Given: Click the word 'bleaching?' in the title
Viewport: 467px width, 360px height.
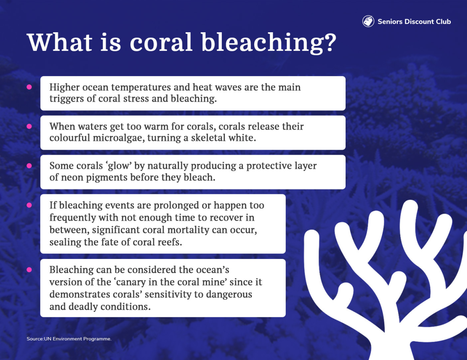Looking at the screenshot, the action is coord(269,43).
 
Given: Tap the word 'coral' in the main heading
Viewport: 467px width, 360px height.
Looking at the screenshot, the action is coord(161,42).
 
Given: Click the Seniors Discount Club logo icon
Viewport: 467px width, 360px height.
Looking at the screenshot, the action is coord(368,21).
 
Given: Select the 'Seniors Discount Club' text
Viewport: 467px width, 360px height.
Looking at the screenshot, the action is coord(414,21).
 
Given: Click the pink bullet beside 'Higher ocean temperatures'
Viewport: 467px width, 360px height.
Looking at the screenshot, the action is coord(29,87).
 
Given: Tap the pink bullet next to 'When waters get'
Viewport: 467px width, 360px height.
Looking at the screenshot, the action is coord(29,126).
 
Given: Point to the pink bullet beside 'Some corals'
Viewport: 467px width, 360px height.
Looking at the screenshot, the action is coord(29,166).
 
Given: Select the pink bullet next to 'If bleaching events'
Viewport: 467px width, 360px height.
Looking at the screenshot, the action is coord(29,205).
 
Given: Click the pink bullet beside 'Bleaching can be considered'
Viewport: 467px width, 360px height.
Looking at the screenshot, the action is coord(29,270).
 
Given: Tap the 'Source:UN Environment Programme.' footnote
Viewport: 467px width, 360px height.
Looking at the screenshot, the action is coord(69,339).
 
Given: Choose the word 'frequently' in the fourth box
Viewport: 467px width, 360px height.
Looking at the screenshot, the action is coord(73,218).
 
